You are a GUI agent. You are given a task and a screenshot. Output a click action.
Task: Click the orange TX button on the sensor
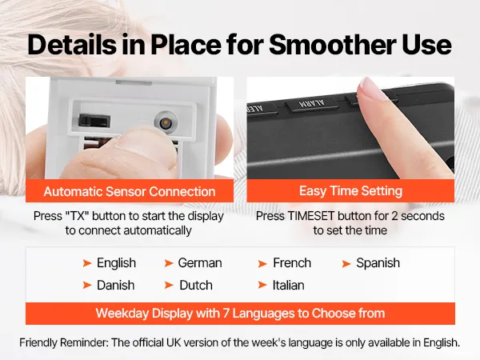[x=166, y=123]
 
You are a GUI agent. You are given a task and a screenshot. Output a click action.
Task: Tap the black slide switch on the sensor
[x=94, y=120]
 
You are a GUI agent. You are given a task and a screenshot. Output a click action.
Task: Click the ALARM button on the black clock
[x=312, y=105]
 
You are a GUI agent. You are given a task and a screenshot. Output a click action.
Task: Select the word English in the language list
[x=116, y=263]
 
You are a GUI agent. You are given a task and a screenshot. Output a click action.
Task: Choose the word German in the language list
[x=200, y=263]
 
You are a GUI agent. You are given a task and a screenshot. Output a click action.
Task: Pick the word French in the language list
[x=292, y=263]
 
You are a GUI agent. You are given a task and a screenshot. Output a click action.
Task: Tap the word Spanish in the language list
[x=378, y=263]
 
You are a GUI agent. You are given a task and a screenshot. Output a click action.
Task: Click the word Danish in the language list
[x=116, y=286]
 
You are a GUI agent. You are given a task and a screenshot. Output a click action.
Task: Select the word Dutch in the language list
[x=196, y=286]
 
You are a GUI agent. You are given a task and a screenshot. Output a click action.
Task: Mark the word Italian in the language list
[x=288, y=286]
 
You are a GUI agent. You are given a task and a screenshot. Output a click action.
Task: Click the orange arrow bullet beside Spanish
[x=346, y=263]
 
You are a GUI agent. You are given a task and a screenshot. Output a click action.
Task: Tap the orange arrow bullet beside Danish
[x=87, y=286]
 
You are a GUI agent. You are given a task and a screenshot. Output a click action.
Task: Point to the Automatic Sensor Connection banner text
[x=130, y=192]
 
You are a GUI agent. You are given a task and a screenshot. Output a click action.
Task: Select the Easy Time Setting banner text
[x=350, y=191]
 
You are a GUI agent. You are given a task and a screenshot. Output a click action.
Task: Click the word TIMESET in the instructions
[x=310, y=216]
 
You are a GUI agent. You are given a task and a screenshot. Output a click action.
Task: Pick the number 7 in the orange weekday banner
[x=226, y=314]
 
